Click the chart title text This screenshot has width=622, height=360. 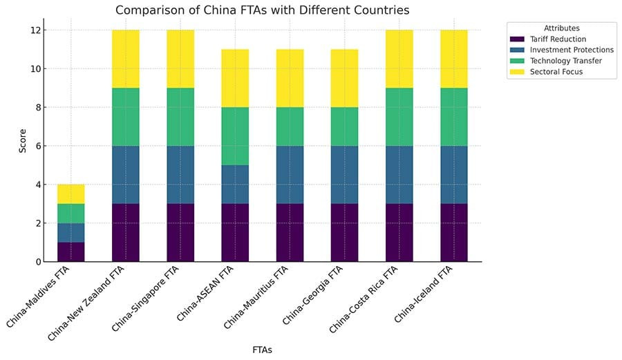(262, 10)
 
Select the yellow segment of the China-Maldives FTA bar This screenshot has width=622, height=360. (70, 194)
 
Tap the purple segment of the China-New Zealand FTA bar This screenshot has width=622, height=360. (125, 233)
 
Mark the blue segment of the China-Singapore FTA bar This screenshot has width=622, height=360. (180, 175)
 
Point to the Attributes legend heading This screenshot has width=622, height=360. (561, 28)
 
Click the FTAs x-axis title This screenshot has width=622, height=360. (262, 350)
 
